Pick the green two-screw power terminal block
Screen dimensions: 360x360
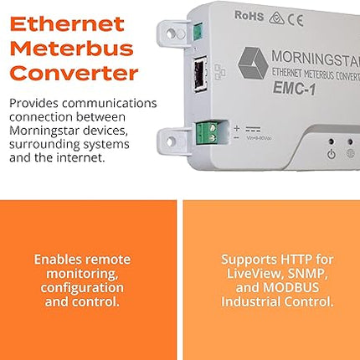pyautogui.click(x=207, y=131)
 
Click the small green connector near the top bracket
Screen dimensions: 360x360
pyautogui.click(x=199, y=33)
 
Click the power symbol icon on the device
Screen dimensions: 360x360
pyautogui.click(x=332, y=154)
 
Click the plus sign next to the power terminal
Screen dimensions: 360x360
pyautogui.click(x=236, y=128)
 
